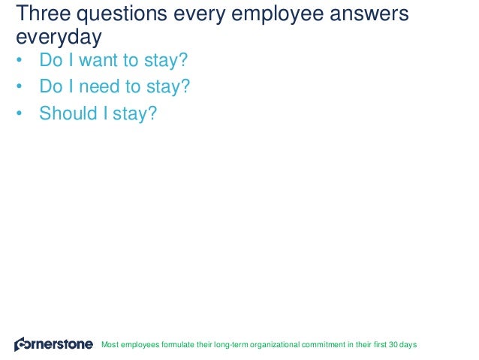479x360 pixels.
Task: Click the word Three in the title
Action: click(x=41, y=14)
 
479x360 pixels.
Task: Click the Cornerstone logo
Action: click(x=53, y=344)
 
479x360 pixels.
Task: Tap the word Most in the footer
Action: click(x=110, y=345)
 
